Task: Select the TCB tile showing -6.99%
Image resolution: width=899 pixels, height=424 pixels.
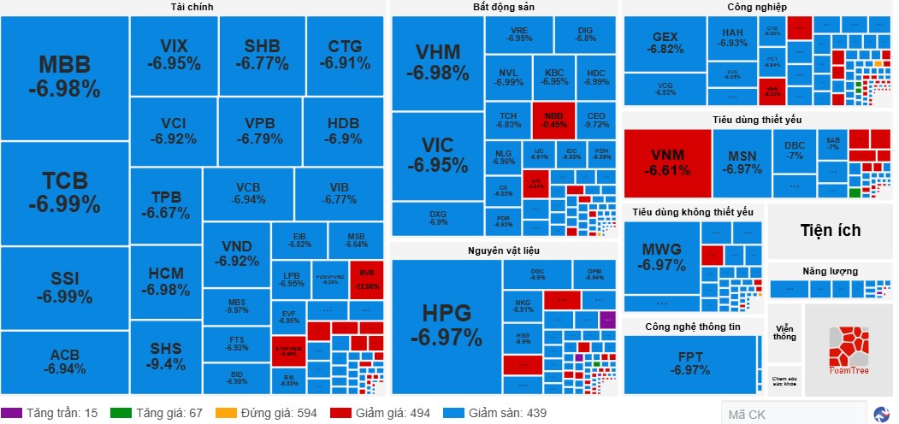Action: (x=64, y=193)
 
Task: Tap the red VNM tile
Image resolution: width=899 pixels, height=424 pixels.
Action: (x=666, y=162)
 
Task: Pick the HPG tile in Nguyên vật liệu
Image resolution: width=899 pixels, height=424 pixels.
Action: (x=446, y=326)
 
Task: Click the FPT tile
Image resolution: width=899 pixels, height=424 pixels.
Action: (x=689, y=363)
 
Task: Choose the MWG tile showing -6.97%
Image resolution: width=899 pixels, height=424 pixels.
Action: (x=662, y=256)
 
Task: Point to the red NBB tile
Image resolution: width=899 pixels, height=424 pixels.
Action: (x=553, y=119)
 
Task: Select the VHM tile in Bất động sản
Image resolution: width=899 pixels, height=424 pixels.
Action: (x=437, y=62)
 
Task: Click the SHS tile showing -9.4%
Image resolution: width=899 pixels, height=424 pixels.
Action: (x=166, y=356)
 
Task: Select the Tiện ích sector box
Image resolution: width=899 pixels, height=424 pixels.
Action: (x=830, y=231)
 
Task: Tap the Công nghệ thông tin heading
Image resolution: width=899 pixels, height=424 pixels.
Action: (x=692, y=327)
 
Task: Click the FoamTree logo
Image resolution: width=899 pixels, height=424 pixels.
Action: (x=849, y=349)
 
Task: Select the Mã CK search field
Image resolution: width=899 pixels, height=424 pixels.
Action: (x=791, y=415)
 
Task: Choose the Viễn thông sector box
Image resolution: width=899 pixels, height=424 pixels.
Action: (x=784, y=333)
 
